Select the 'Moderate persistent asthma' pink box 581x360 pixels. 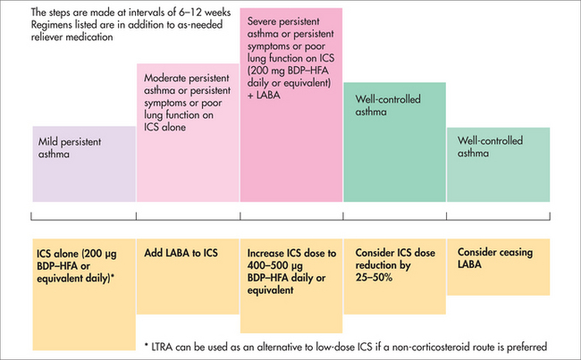(x=187, y=134)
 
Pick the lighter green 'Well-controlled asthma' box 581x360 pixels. (x=498, y=165)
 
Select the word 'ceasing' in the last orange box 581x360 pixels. (x=512, y=253)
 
